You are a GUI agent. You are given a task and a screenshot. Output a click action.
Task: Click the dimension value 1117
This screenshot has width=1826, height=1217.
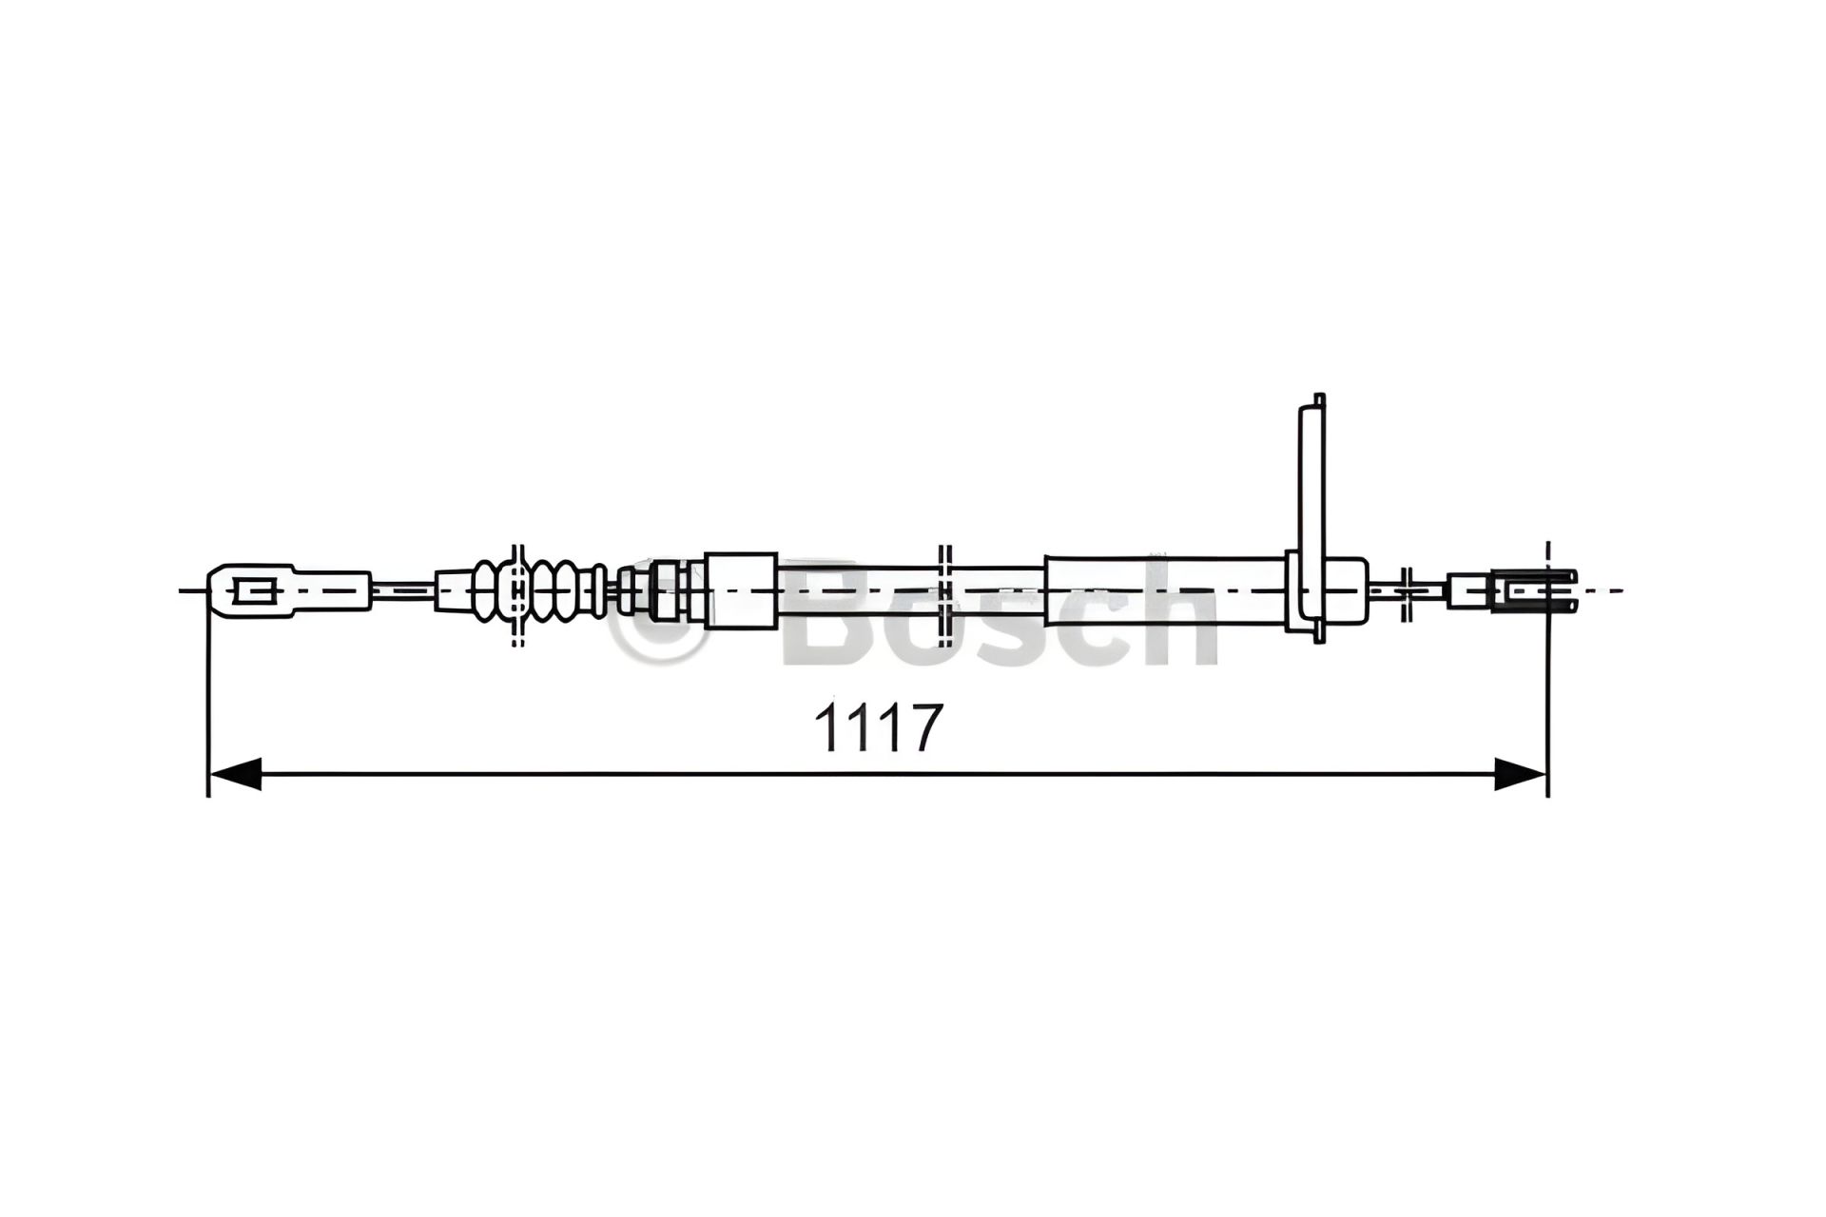pyautogui.click(x=878, y=727)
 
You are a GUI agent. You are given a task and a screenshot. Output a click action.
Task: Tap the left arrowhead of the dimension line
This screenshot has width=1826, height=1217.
pyautogui.click(x=234, y=773)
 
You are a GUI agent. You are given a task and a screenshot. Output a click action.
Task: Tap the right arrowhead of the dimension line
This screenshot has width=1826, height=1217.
pyautogui.click(x=1520, y=773)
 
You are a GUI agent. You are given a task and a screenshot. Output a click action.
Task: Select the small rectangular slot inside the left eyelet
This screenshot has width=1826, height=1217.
pyautogui.click(x=254, y=591)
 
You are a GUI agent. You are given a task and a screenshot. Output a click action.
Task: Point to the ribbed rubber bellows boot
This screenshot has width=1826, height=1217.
pyautogui.click(x=540, y=590)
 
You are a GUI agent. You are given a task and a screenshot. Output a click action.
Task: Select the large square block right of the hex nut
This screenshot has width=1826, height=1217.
pyautogui.click(x=741, y=590)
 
